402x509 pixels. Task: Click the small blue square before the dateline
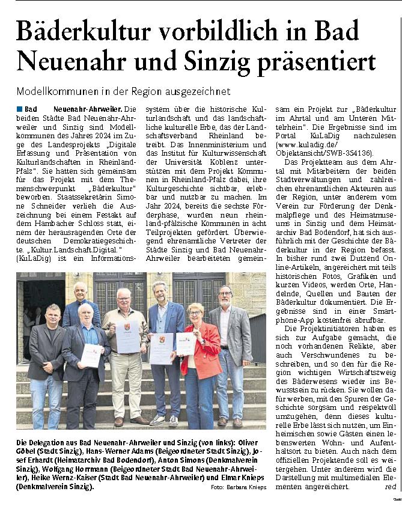[20, 109]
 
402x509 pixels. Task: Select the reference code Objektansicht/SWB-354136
[322, 153]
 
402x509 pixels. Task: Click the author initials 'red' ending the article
[391, 486]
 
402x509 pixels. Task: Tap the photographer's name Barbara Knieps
[242, 496]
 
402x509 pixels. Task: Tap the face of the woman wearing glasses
[196, 314]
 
